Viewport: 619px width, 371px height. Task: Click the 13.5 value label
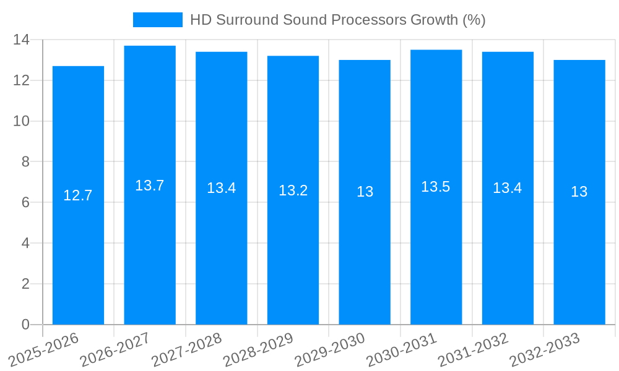click(436, 187)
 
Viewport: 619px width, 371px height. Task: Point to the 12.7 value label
click(78, 195)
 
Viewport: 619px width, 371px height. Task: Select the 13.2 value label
click(293, 190)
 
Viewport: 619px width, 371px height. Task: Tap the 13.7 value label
click(150, 185)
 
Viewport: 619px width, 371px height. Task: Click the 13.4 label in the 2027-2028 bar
click(222, 188)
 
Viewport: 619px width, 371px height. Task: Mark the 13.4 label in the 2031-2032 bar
click(508, 188)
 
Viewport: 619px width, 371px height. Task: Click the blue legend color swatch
click(158, 20)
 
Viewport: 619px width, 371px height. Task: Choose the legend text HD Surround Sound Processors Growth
click(337, 20)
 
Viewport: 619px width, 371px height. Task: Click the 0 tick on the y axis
click(25, 325)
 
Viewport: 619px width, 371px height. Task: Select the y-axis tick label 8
click(25, 162)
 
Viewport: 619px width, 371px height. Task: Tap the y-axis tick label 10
click(22, 121)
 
